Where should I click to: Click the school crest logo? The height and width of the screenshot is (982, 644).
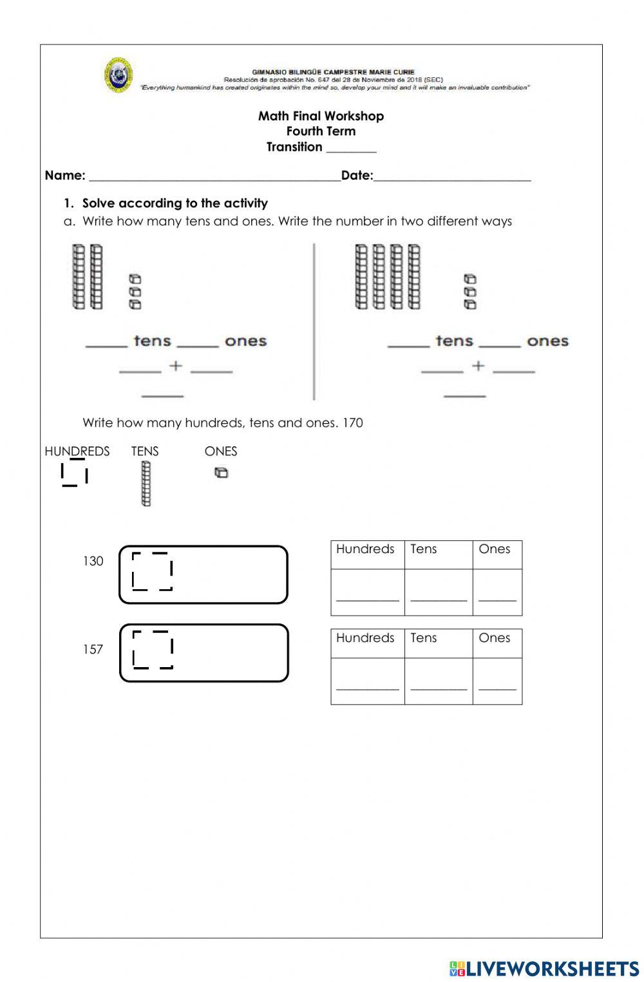(x=118, y=76)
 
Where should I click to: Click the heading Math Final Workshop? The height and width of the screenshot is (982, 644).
(x=321, y=116)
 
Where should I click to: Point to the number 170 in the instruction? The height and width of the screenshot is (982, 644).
(x=353, y=423)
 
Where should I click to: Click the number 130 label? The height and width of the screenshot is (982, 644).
(x=93, y=561)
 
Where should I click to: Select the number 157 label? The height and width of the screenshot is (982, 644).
(x=93, y=649)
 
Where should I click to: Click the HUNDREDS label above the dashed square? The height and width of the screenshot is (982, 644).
(x=77, y=451)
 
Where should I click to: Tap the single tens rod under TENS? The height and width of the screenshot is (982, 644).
(x=146, y=484)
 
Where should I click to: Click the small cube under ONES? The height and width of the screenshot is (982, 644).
(x=221, y=473)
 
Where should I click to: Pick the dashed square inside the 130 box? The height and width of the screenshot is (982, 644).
(x=153, y=571)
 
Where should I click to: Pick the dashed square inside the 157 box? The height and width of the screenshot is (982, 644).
(x=153, y=649)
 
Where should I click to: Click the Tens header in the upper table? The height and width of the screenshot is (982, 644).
(x=424, y=549)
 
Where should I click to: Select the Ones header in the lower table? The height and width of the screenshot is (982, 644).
(x=494, y=637)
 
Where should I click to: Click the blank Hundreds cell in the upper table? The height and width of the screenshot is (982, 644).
(x=367, y=592)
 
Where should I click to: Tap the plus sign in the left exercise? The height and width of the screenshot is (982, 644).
(x=176, y=366)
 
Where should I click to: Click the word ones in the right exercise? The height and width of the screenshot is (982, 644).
(x=547, y=341)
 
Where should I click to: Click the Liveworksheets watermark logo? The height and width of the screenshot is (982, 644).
(x=544, y=968)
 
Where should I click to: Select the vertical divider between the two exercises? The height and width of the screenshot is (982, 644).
(x=314, y=322)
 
